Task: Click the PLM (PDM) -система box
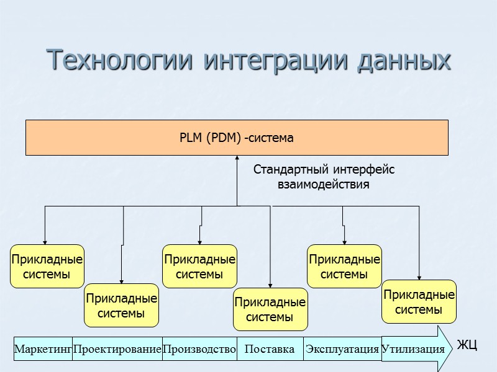tap(237, 137)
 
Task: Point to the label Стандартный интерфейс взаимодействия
tap(324, 177)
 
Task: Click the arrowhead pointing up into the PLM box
tap(237, 158)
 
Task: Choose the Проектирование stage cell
tap(117, 349)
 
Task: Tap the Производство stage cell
tap(199, 349)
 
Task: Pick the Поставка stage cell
tap(270, 349)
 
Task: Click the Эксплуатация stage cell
tap(342, 349)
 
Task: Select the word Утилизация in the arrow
tap(413, 349)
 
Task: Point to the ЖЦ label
tap(467, 345)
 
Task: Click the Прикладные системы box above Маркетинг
tap(47, 266)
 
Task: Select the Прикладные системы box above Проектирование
tap(122, 306)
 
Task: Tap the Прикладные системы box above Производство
tap(199, 266)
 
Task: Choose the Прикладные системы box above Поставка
tap(270, 309)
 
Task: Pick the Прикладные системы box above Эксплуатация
tap(344, 266)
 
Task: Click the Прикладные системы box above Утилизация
tap(419, 302)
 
